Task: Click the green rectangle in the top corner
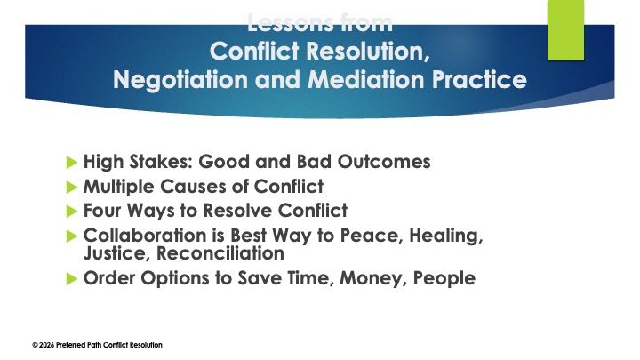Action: pos(564,29)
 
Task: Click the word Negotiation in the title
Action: pos(175,79)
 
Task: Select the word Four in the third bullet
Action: pos(102,212)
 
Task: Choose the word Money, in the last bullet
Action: pos(356,278)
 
